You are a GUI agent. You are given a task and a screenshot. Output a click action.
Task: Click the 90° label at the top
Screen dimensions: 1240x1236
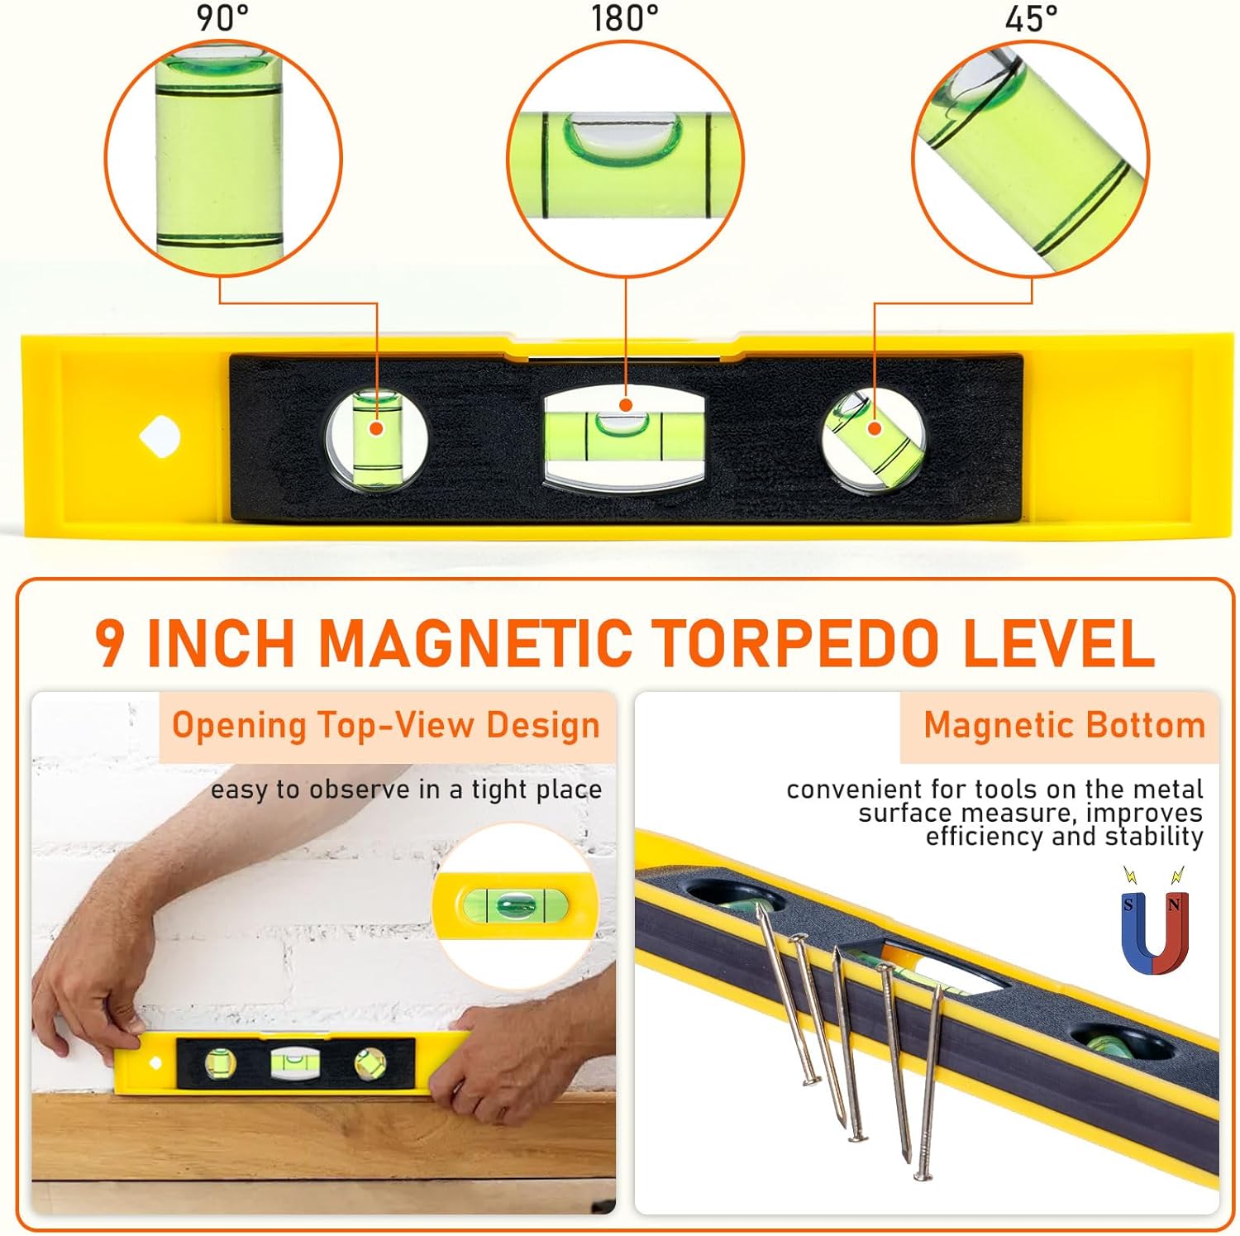point(222,17)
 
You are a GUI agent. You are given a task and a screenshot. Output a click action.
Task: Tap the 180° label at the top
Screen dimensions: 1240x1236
point(624,17)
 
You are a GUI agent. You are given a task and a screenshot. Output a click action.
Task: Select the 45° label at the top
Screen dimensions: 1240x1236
point(1031,17)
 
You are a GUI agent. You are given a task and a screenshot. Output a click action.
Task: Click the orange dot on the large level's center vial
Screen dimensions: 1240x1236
point(626,405)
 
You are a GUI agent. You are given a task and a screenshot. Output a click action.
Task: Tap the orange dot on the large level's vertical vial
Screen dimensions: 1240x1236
point(376,428)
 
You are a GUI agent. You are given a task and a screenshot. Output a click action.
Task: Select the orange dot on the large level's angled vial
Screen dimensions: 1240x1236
point(874,427)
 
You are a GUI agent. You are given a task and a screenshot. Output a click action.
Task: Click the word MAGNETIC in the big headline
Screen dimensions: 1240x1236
point(475,642)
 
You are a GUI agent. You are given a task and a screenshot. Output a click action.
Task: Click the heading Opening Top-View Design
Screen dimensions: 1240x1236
point(385,725)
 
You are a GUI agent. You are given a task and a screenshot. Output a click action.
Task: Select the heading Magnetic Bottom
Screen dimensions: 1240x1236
point(1064,725)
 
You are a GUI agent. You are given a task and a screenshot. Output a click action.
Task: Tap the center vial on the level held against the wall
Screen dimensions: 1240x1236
point(289,1062)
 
